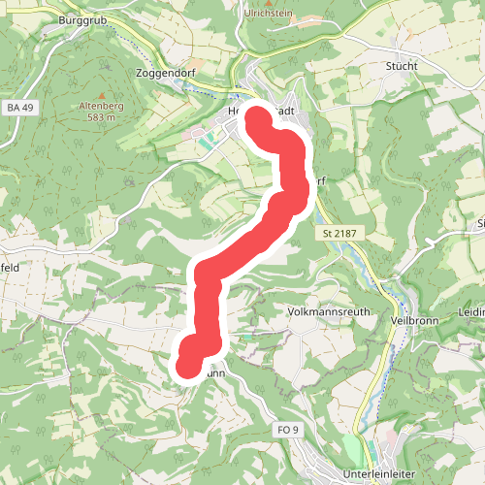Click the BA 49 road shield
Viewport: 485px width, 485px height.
click(17, 108)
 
